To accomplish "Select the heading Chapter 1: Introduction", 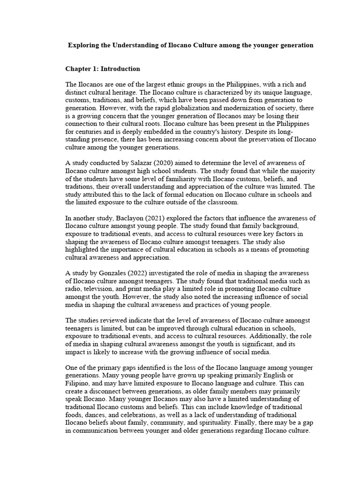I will [x=102, y=69].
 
